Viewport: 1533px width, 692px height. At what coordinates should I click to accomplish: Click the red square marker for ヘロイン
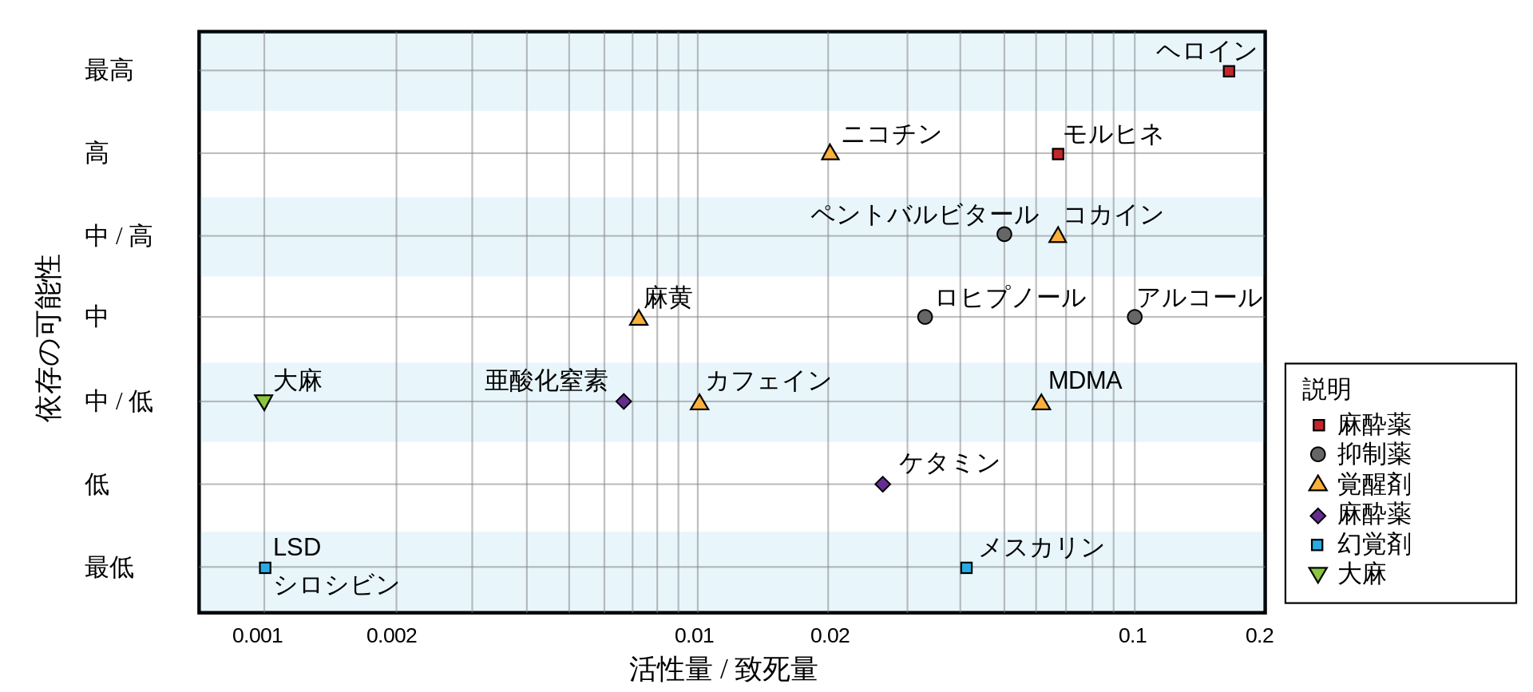[1229, 71]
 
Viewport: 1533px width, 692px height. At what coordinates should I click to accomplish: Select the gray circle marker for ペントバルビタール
[1004, 234]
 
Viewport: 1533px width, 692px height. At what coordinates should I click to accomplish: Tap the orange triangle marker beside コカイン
[1057, 235]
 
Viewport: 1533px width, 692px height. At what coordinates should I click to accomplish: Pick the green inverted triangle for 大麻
[263, 401]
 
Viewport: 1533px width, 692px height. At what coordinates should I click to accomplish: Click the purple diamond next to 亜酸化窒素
[624, 401]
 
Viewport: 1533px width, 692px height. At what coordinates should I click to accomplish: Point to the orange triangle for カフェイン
[699, 402]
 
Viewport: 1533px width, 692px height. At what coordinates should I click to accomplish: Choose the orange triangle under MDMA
[1041, 402]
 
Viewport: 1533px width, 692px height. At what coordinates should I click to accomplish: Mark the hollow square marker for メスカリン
[967, 567]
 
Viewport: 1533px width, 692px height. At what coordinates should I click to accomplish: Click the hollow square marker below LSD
[265, 567]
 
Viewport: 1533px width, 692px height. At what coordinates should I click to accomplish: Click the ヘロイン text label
[1206, 51]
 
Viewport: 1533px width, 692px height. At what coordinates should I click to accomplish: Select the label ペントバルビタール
[925, 215]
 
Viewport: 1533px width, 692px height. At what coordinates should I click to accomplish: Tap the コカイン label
[1113, 215]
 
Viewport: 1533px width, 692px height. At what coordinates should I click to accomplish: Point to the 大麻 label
[298, 381]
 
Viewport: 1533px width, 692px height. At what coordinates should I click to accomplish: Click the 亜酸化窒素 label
[546, 381]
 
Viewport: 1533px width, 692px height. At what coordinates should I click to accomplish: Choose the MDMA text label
[1085, 381]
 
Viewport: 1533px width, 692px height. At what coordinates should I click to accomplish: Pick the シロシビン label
[336, 585]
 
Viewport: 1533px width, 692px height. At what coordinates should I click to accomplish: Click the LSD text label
[297, 547]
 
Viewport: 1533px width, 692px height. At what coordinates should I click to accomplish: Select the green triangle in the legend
[1318, 574]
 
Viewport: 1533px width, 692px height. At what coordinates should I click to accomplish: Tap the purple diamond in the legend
[1318, 516]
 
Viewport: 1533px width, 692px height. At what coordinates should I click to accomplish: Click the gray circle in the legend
[1318, 454]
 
